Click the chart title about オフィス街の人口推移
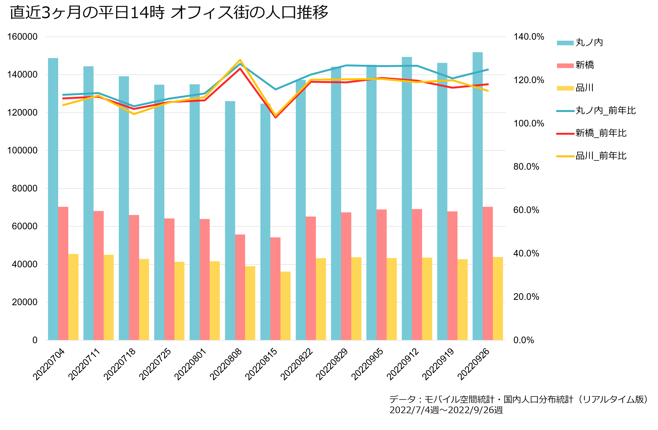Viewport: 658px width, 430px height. tap(169, 12)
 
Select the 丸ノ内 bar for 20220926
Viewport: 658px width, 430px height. tap(477, 196)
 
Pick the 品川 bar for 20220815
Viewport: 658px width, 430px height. tap(286, 306)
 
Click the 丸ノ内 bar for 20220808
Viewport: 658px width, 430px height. tap(230, 221)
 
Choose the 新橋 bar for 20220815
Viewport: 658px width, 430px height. tap(275, 289)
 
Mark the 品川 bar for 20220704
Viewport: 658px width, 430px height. tap(73, 297)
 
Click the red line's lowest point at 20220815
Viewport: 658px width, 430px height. tap(275, 117)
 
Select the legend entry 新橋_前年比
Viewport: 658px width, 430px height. tap(591, 133)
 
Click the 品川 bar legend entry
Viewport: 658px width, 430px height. tap(575, 88)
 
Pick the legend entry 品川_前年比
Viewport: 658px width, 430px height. tap(591, 156)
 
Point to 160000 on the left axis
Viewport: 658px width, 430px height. tap(22, 37)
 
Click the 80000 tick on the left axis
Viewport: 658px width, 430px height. tap(25, 188)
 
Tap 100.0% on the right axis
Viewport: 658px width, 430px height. tap(529, 123)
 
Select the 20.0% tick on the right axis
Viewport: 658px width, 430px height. tap(526, 297)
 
